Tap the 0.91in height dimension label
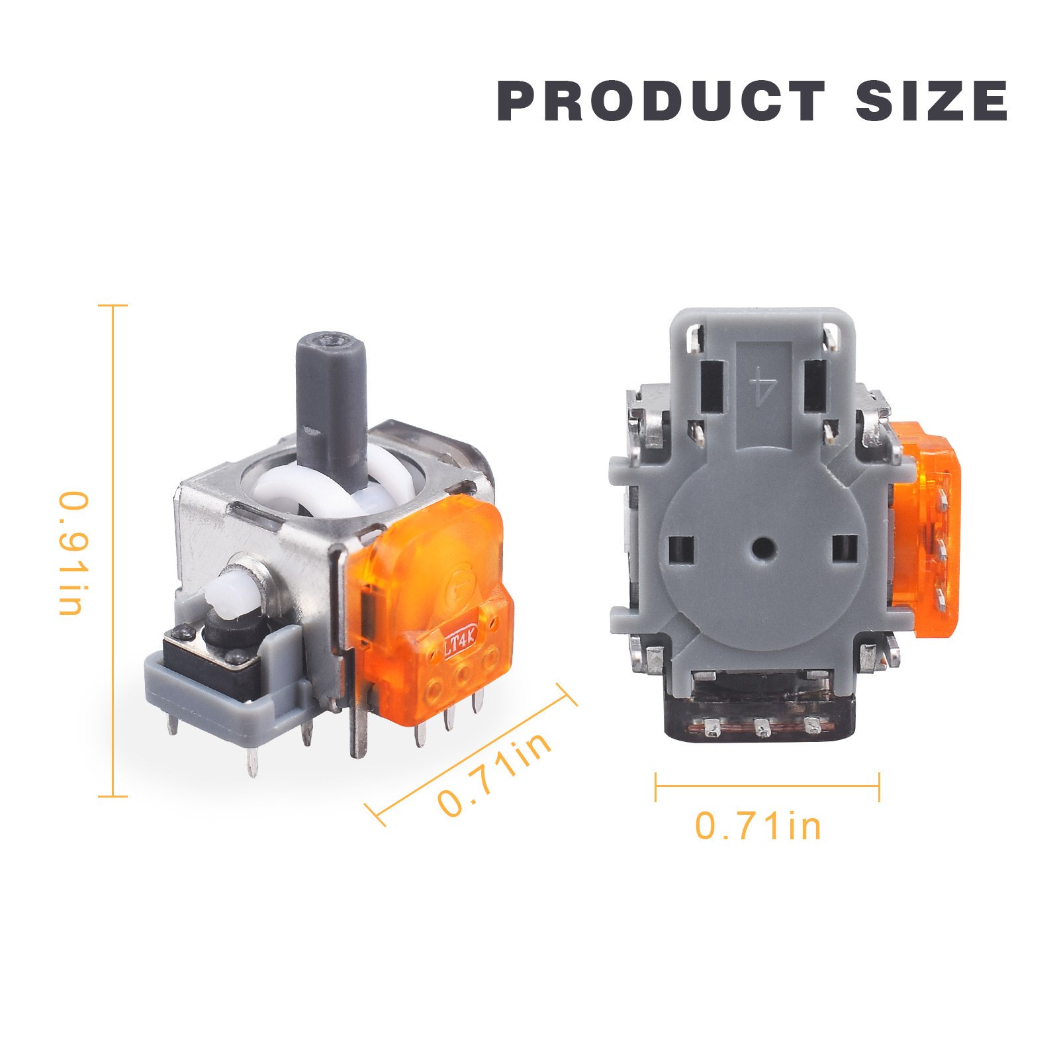pyautogui.click(x=71, y=553)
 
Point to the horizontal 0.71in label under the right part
pyautogui.click(x=758, y=827)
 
